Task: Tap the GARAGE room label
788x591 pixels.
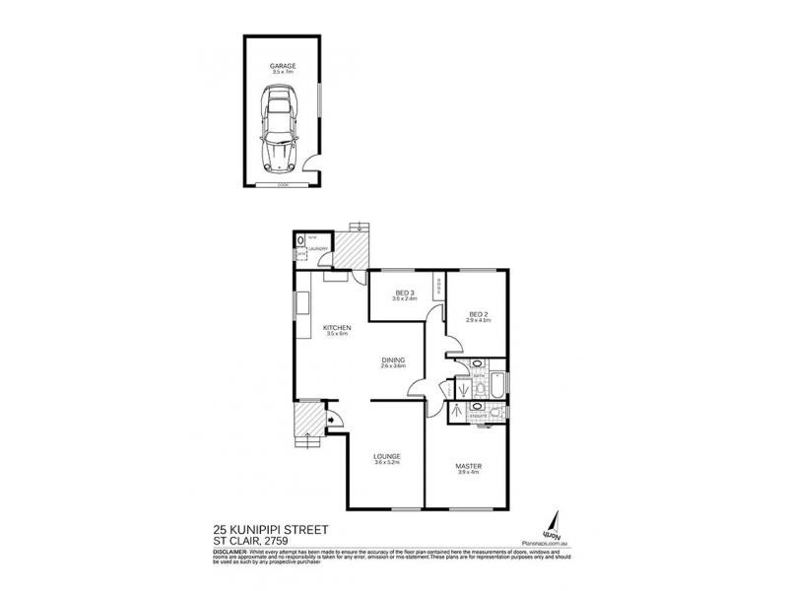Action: tap(282, 65)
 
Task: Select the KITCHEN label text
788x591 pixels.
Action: tap(336, 327)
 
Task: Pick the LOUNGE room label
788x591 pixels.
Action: tap(386, 456)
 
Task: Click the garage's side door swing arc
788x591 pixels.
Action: tap(310, 164)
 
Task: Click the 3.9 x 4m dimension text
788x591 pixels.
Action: tap(467, 474)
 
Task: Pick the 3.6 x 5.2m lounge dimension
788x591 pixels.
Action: tap(386, 465)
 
